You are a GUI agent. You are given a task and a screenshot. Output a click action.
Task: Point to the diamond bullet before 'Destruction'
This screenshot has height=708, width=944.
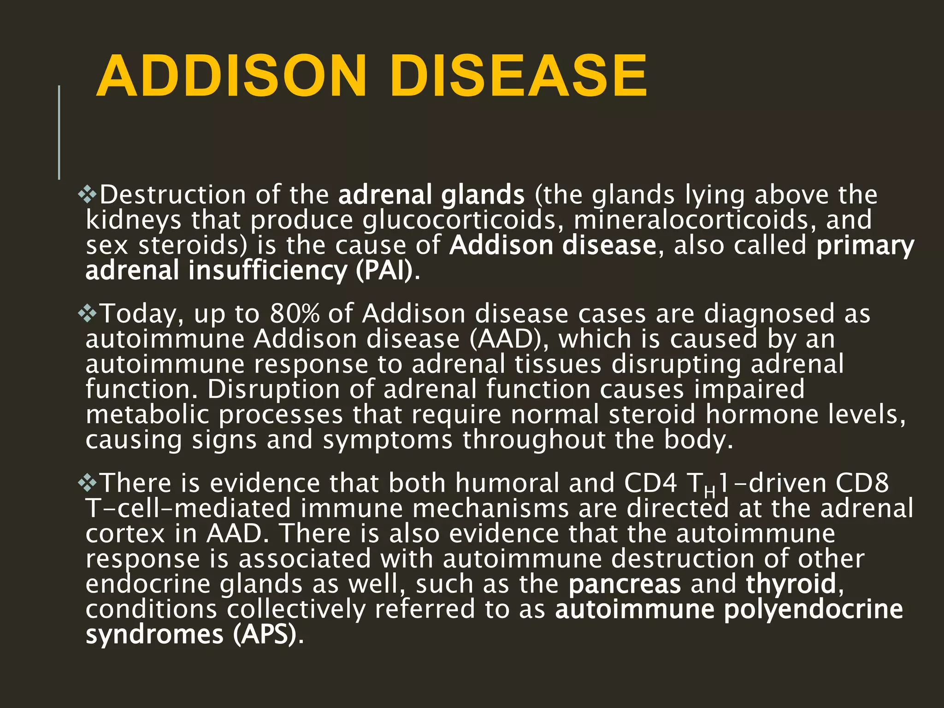click(87, 195)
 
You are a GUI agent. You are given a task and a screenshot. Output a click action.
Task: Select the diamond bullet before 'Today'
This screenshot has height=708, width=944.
click(87, 314)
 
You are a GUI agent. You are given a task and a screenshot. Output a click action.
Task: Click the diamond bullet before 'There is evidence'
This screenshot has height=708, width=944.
click(87, 483)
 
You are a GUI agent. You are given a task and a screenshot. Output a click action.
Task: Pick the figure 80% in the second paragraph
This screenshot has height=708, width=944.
click(295, 314)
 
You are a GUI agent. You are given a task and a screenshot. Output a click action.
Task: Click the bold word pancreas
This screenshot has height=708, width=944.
click(625, 584)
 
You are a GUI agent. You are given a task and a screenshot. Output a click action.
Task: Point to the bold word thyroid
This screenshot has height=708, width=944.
click(791, 584)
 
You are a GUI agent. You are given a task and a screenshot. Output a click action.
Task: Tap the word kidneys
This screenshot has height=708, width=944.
click(133, 220)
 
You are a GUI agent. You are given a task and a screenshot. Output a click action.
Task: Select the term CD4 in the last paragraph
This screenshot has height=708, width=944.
click(650, 483)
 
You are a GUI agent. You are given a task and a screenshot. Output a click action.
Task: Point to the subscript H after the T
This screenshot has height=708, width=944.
click(710, 493)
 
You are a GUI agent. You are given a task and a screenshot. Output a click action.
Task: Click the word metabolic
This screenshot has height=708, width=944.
click(147, 415)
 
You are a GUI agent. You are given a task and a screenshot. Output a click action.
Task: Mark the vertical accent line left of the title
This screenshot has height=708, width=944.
click(59, 132)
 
